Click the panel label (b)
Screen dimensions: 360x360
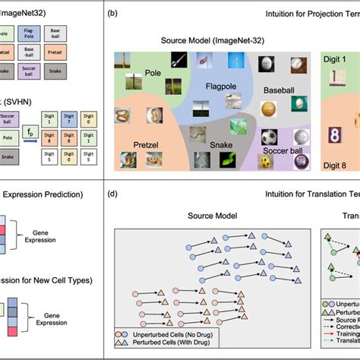[112, 14]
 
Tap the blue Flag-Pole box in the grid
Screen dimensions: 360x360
[30, 34]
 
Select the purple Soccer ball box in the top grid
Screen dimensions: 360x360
[30, 72]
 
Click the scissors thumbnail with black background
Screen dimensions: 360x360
[179, 60]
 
